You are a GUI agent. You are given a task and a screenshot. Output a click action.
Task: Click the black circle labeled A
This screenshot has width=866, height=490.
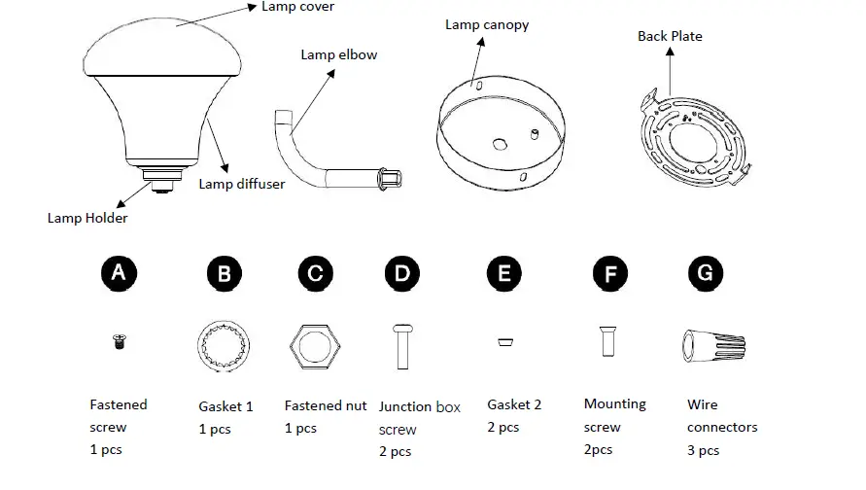119,274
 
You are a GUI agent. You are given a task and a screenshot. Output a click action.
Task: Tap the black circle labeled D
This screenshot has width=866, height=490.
402,274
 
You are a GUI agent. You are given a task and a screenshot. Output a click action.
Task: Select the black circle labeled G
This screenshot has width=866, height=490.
706,274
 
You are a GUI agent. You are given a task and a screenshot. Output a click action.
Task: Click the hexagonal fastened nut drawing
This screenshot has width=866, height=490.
314,344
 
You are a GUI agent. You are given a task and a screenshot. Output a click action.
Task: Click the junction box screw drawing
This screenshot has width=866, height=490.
402,346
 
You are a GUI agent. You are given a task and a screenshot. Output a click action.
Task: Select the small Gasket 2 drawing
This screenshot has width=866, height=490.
503,341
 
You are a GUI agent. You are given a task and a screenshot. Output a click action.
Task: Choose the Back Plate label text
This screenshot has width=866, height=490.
670,36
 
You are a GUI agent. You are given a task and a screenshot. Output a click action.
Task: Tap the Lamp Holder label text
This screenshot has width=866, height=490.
87,218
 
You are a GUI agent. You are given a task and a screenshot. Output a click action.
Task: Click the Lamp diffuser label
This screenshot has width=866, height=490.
242,183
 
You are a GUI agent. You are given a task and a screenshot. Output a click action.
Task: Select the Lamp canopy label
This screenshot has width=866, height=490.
487,24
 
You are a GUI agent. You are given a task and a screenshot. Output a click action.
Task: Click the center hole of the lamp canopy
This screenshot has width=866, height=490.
499,144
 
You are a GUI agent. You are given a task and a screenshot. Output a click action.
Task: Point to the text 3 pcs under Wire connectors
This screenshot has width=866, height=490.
703,450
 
